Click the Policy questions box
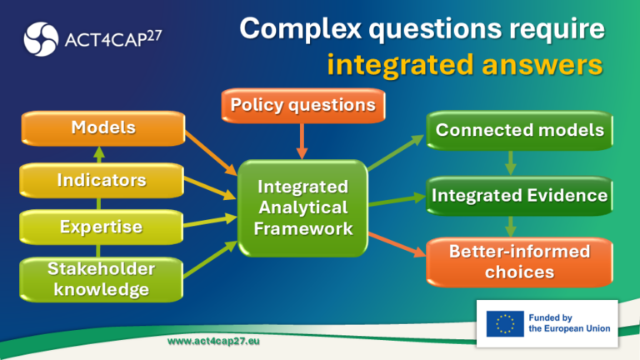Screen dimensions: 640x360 pos(303,106)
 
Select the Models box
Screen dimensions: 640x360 pos(103,128)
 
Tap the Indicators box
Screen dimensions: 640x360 pos(102,180)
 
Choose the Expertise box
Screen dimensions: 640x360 pos(101,227)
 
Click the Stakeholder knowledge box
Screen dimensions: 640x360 pos(101,280)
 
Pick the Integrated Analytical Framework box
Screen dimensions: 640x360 pos(302,208)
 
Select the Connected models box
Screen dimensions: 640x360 pos(520,131)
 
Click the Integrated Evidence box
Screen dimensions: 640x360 pos(520,196)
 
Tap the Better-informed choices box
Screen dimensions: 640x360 pos(520,262)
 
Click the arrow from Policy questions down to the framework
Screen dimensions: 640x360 pos(302,141)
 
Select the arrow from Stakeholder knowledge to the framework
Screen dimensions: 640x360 pos(211,260)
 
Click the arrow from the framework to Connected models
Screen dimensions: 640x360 pos(396,152)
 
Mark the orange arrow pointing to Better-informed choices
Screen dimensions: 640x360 pos(397,245)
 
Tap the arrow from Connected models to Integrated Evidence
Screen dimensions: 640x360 pos(511,163)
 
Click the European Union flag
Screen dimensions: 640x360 pos(505,323)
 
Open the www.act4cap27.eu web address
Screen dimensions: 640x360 pos(213,341)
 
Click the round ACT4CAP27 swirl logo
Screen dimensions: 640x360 pos(41,39)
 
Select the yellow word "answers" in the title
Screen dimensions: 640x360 pos(542,64)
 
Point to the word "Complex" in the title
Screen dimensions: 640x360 pos(300,28)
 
